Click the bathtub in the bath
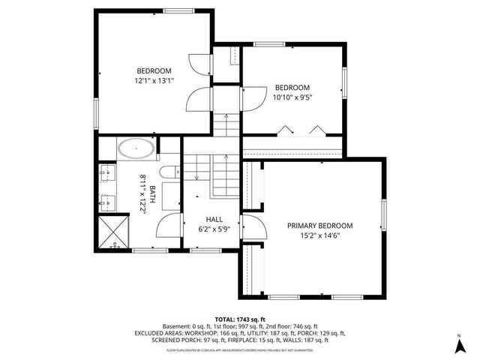pyautogui.click(x=136, y=149)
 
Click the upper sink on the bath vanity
pyautogui.click(x=104, y=175)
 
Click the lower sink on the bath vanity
pyautogui.click(x=104, y=202)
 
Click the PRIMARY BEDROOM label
pyautogui.click(x=319, y=226)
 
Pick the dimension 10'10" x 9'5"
pyautogui.click(x=292, y=97)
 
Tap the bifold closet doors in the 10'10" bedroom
pyautogui.click(x=300, y=130)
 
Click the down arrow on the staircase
pyautogui.click(x=197, y=177)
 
